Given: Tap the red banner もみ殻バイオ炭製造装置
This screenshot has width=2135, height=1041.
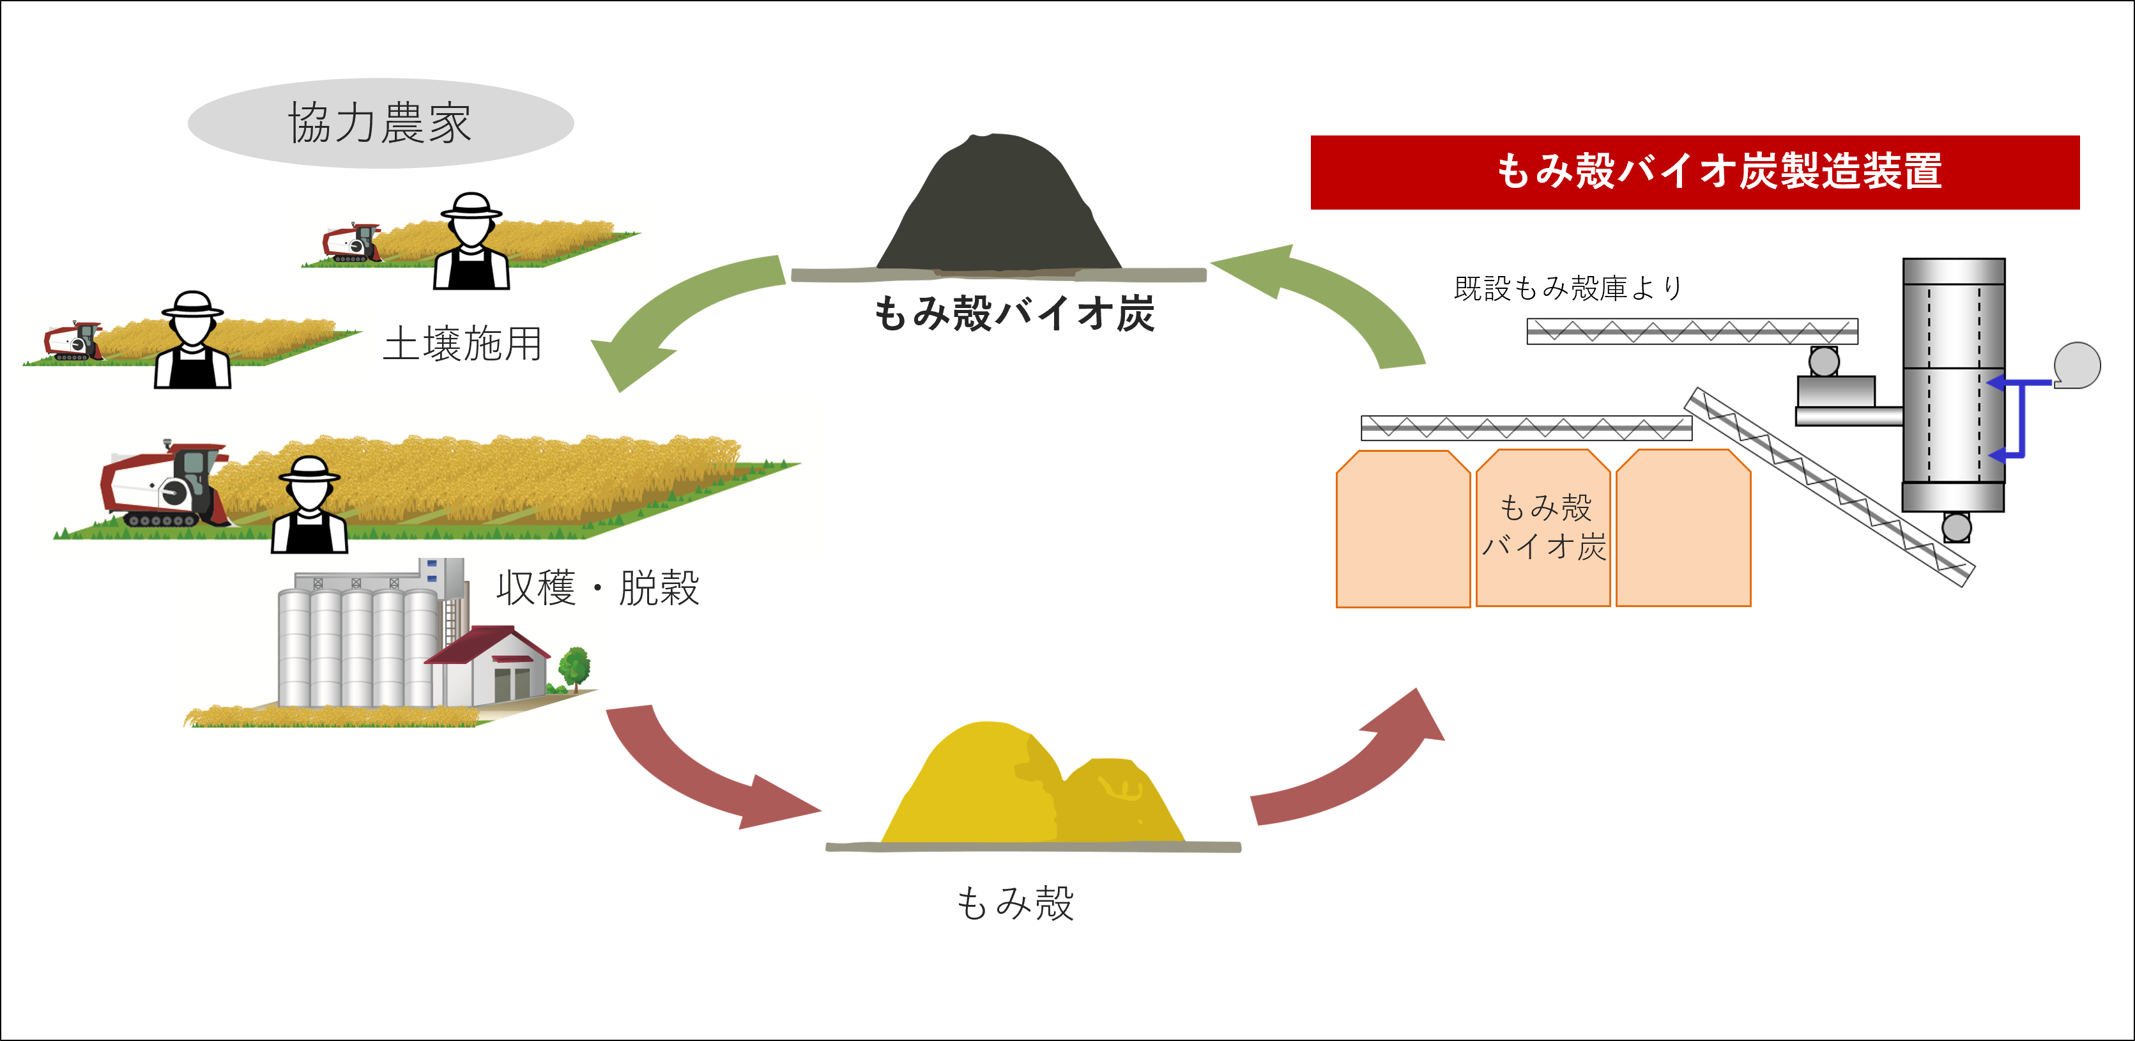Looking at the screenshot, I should pyautogui.click(x=1694, y=171).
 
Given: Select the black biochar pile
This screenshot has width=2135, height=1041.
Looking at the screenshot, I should pyautogui.click(x=998, y=207).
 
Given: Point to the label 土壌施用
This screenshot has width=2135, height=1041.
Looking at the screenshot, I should pyautogui.click(x=463, y=343).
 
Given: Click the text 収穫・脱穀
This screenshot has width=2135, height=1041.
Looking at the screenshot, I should pyautogui.click(x=597, y=588).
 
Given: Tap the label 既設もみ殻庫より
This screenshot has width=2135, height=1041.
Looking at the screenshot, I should pyautogui.click(x=1567, y=288).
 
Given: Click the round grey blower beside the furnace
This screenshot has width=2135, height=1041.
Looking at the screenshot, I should pyautogui.click(x=2077, y=365).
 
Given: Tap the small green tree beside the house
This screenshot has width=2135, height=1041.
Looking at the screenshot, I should pyautogui.click(x=574, y=668).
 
